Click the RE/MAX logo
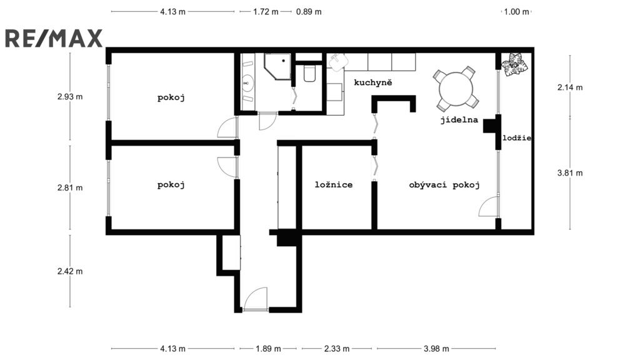click(54, 39)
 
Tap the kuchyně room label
click(372, 82)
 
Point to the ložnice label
click(333, 185)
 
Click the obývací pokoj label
click(444, 185)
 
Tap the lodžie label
click(516, 138)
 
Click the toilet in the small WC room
click(309, 74)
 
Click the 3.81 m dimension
click(569, 173)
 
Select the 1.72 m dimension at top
click(266, 11)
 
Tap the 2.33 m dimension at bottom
click(337, 349)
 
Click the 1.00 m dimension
click(516, 11)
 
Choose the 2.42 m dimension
click(69, 271)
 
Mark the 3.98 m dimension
click(436, 349)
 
